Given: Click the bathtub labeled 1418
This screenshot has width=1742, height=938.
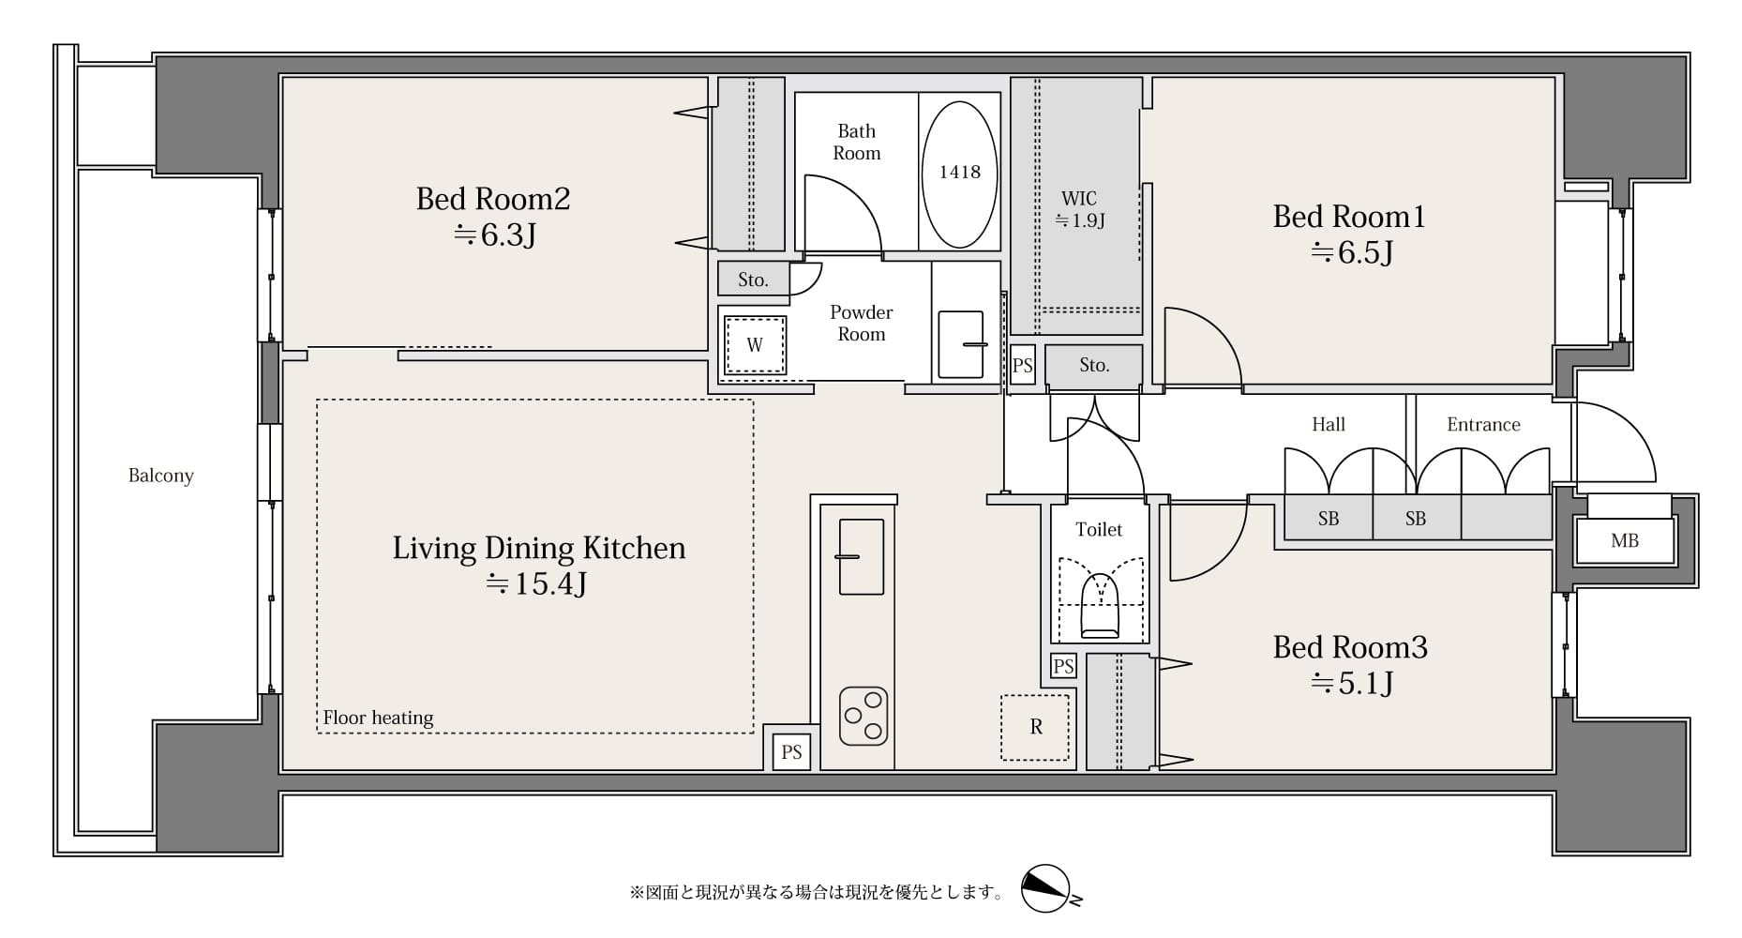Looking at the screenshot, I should (959, 172).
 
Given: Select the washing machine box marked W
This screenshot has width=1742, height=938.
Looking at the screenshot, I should (755, 345).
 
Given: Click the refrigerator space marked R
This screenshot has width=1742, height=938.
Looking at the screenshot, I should (1035, 727).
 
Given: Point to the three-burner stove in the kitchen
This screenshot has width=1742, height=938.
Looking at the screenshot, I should (863, 716).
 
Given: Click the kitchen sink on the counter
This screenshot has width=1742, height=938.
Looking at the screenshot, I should (861, 556).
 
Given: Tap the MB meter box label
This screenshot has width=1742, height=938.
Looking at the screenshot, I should (1625, 541).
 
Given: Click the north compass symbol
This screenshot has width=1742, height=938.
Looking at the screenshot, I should (1046, 887).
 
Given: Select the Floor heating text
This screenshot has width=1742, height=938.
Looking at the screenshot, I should (378, 719).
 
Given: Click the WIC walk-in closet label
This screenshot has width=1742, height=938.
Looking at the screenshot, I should (1079, 199).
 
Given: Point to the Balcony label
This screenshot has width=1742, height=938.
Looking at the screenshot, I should (160, 476).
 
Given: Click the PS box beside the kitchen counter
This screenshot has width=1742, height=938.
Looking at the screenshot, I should (791, 752).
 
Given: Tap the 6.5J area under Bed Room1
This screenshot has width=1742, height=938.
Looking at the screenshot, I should (1351, 253).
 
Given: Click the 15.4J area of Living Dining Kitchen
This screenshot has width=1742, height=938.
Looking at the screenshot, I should (536, 584).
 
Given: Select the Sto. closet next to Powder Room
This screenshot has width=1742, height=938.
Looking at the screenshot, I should (753, 280).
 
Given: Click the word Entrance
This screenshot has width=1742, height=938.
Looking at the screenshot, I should (1482, 425).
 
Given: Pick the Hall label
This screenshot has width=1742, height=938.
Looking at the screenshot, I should (1328, 425).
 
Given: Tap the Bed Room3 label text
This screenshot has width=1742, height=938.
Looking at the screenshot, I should (1349, 647).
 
